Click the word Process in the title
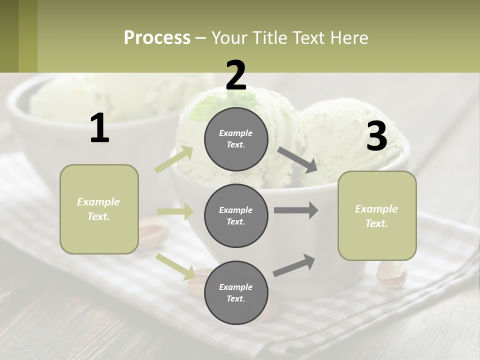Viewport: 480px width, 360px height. [x=157, y=37]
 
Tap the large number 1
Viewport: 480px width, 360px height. [x=99, y=128]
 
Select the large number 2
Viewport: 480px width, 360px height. [x=236, y=75]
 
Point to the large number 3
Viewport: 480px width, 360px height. [x=376, y=136]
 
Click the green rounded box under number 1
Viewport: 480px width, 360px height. [x=99, y=209]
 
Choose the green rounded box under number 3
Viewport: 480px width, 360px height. [x=377, y=215]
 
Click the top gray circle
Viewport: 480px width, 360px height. [x=236, y=138]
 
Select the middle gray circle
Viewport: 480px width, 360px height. [x=236, y=215]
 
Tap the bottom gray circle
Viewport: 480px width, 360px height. [x=236, y=292]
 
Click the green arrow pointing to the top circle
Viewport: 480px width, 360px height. [x=174, y=159]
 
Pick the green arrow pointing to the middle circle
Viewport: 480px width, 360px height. [x=175, y=211]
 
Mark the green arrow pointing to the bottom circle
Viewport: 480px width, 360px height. [x=175, y=266]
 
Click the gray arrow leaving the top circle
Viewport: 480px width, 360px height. [x=297, y=160]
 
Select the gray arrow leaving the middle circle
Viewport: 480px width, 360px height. [x=295, y=210]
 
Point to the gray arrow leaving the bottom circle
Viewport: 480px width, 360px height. [x=294, y=265]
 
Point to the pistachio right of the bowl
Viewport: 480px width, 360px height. [x=391, y=274]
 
